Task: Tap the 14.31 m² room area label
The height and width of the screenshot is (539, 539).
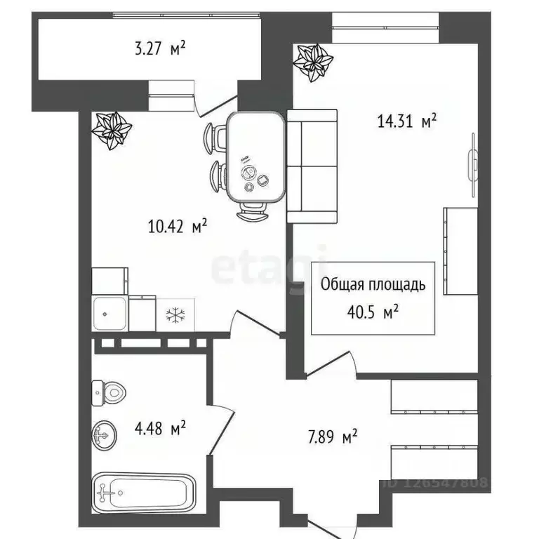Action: click(407, 121)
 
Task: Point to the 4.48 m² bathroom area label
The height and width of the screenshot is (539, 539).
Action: click(161, 427)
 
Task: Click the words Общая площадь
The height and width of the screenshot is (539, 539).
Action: click(373, 285)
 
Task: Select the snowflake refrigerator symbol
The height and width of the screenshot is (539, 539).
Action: click(173, 315)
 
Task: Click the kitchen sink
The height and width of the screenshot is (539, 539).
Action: click(109, 313)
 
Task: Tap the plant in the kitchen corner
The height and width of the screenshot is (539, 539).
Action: click(112, 130)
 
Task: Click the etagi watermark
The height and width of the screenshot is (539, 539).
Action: click(269, 265)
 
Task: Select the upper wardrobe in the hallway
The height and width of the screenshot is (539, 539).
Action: click(434, 397)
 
